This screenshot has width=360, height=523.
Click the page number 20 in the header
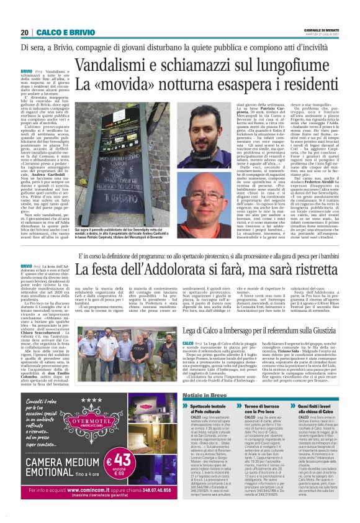point(25,32)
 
